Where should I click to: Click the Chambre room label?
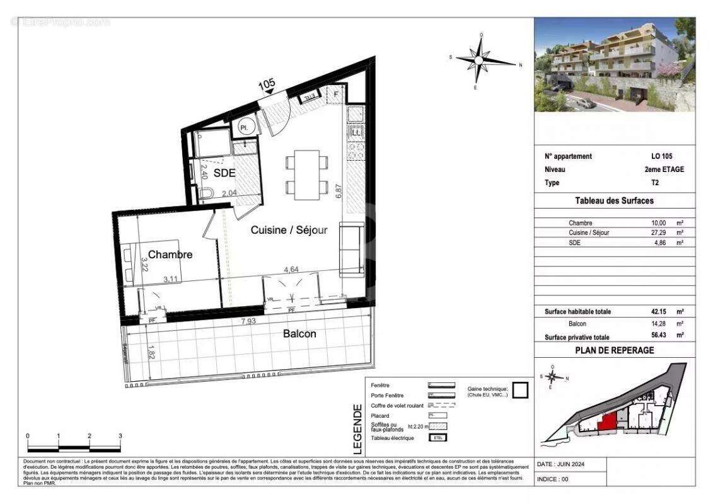170,255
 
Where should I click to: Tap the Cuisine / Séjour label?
289,230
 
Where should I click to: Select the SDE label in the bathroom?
224,173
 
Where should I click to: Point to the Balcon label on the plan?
299,333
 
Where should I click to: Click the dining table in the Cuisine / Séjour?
307,171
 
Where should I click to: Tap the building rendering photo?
615,65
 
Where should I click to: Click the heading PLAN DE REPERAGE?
615,350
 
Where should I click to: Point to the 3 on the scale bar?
120,435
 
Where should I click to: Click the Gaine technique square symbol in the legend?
519,391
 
